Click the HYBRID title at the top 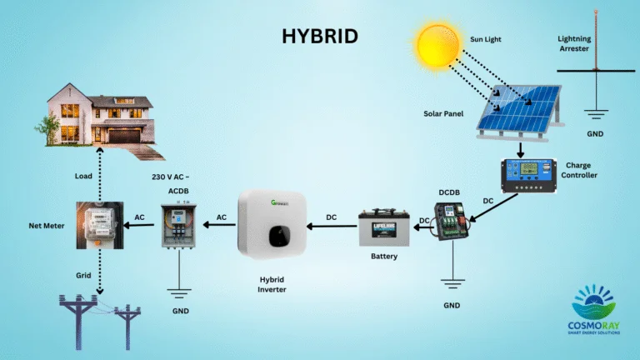319,36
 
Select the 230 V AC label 170,177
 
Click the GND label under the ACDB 180,311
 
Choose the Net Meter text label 42,225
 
